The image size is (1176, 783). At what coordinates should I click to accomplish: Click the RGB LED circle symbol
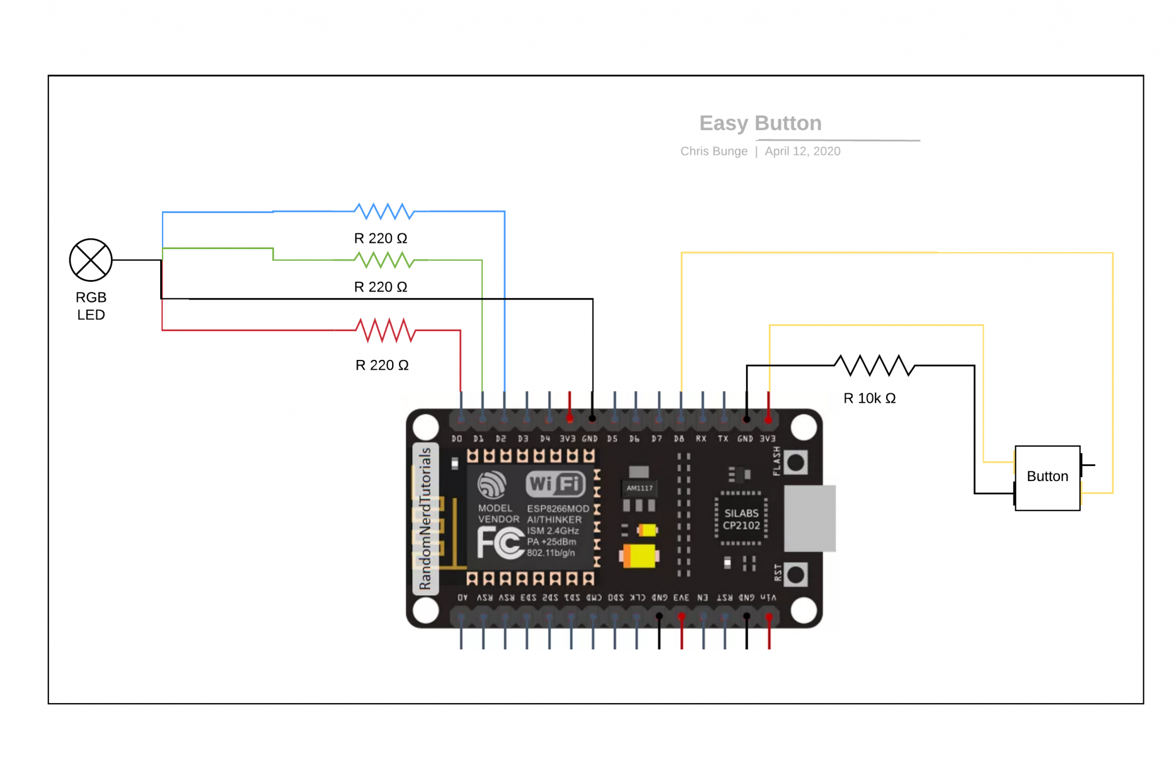pos(91,260)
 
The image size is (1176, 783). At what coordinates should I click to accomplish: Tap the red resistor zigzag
pos(385,330)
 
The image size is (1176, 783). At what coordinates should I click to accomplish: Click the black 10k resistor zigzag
pos(874,365)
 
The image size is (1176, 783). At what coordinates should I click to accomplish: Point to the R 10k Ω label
pos(869,398)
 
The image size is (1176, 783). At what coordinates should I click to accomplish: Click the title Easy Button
pos(760,123)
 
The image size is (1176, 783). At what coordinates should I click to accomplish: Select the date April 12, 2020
pos(802,151)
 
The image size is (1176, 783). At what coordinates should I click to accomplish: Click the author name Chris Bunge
pos(714,151)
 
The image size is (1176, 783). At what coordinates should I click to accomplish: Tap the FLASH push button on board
pos(795,462)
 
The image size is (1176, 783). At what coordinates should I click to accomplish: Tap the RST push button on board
pos(795,574)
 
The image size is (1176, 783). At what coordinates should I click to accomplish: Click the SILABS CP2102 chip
pos(741,519)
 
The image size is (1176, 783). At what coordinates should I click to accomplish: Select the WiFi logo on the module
pos(555,484)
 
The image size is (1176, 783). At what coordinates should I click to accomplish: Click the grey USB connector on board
pos(810,518)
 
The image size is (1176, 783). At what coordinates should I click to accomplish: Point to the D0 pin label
pos(457,439)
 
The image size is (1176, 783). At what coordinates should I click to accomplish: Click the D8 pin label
pos(679,439)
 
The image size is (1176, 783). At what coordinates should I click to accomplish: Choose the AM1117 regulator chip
pos(639,488)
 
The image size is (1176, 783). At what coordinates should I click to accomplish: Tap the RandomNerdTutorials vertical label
pos(425,518)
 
